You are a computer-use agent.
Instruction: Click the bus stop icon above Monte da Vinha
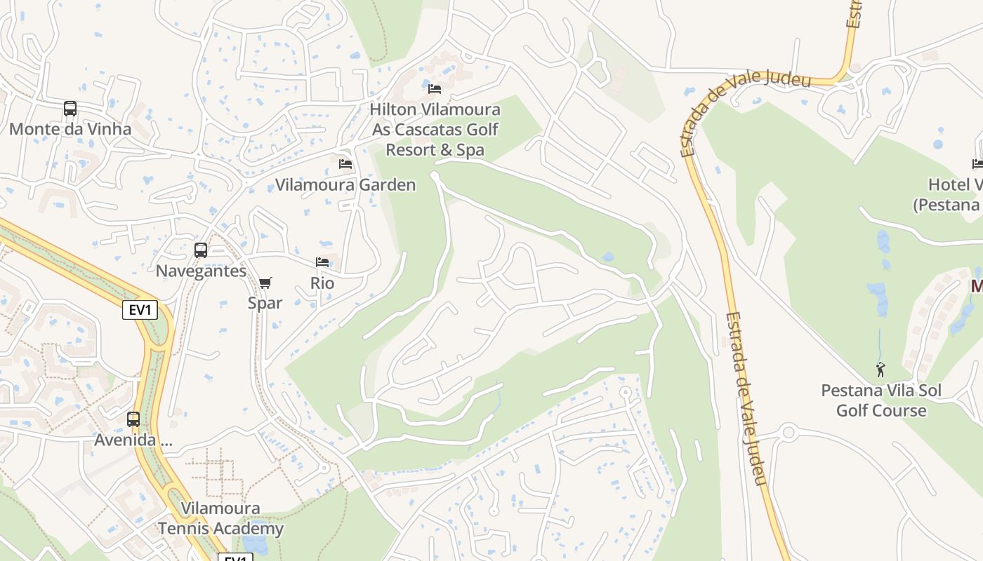(x=70, y=109)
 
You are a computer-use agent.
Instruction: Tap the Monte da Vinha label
(x=70, y=129)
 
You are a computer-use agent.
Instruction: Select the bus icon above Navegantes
(x=201, y=250)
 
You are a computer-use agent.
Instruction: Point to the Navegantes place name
(x=201, y=271)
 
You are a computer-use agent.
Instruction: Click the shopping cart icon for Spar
(x=265, y=283)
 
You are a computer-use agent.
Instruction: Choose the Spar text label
(x=265, y=303)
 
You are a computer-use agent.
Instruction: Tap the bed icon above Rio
(x=322, y=262)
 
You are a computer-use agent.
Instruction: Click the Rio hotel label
(x=322, y=283)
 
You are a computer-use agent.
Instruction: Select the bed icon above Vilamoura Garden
(x=345, y=164)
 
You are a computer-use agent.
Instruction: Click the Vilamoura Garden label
(x=345, y=185)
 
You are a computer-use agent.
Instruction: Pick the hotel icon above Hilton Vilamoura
(x=435, y=89)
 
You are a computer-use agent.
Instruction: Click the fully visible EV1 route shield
(x=140, y=310)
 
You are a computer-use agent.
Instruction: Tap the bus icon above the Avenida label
(x=133, y=419)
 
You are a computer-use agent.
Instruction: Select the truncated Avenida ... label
(x=133, y=441)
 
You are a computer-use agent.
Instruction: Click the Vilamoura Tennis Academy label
(x=220, y=519)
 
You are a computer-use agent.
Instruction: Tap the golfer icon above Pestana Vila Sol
(x=880, y=370)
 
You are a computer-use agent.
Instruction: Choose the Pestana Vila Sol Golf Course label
(x=880, y=400)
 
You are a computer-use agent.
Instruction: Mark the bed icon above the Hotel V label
(x=977, y=164)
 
